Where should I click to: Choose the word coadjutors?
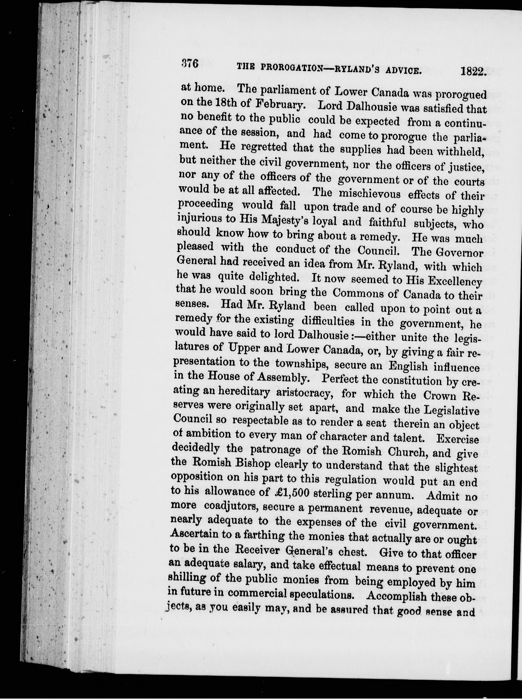(231, 506)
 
